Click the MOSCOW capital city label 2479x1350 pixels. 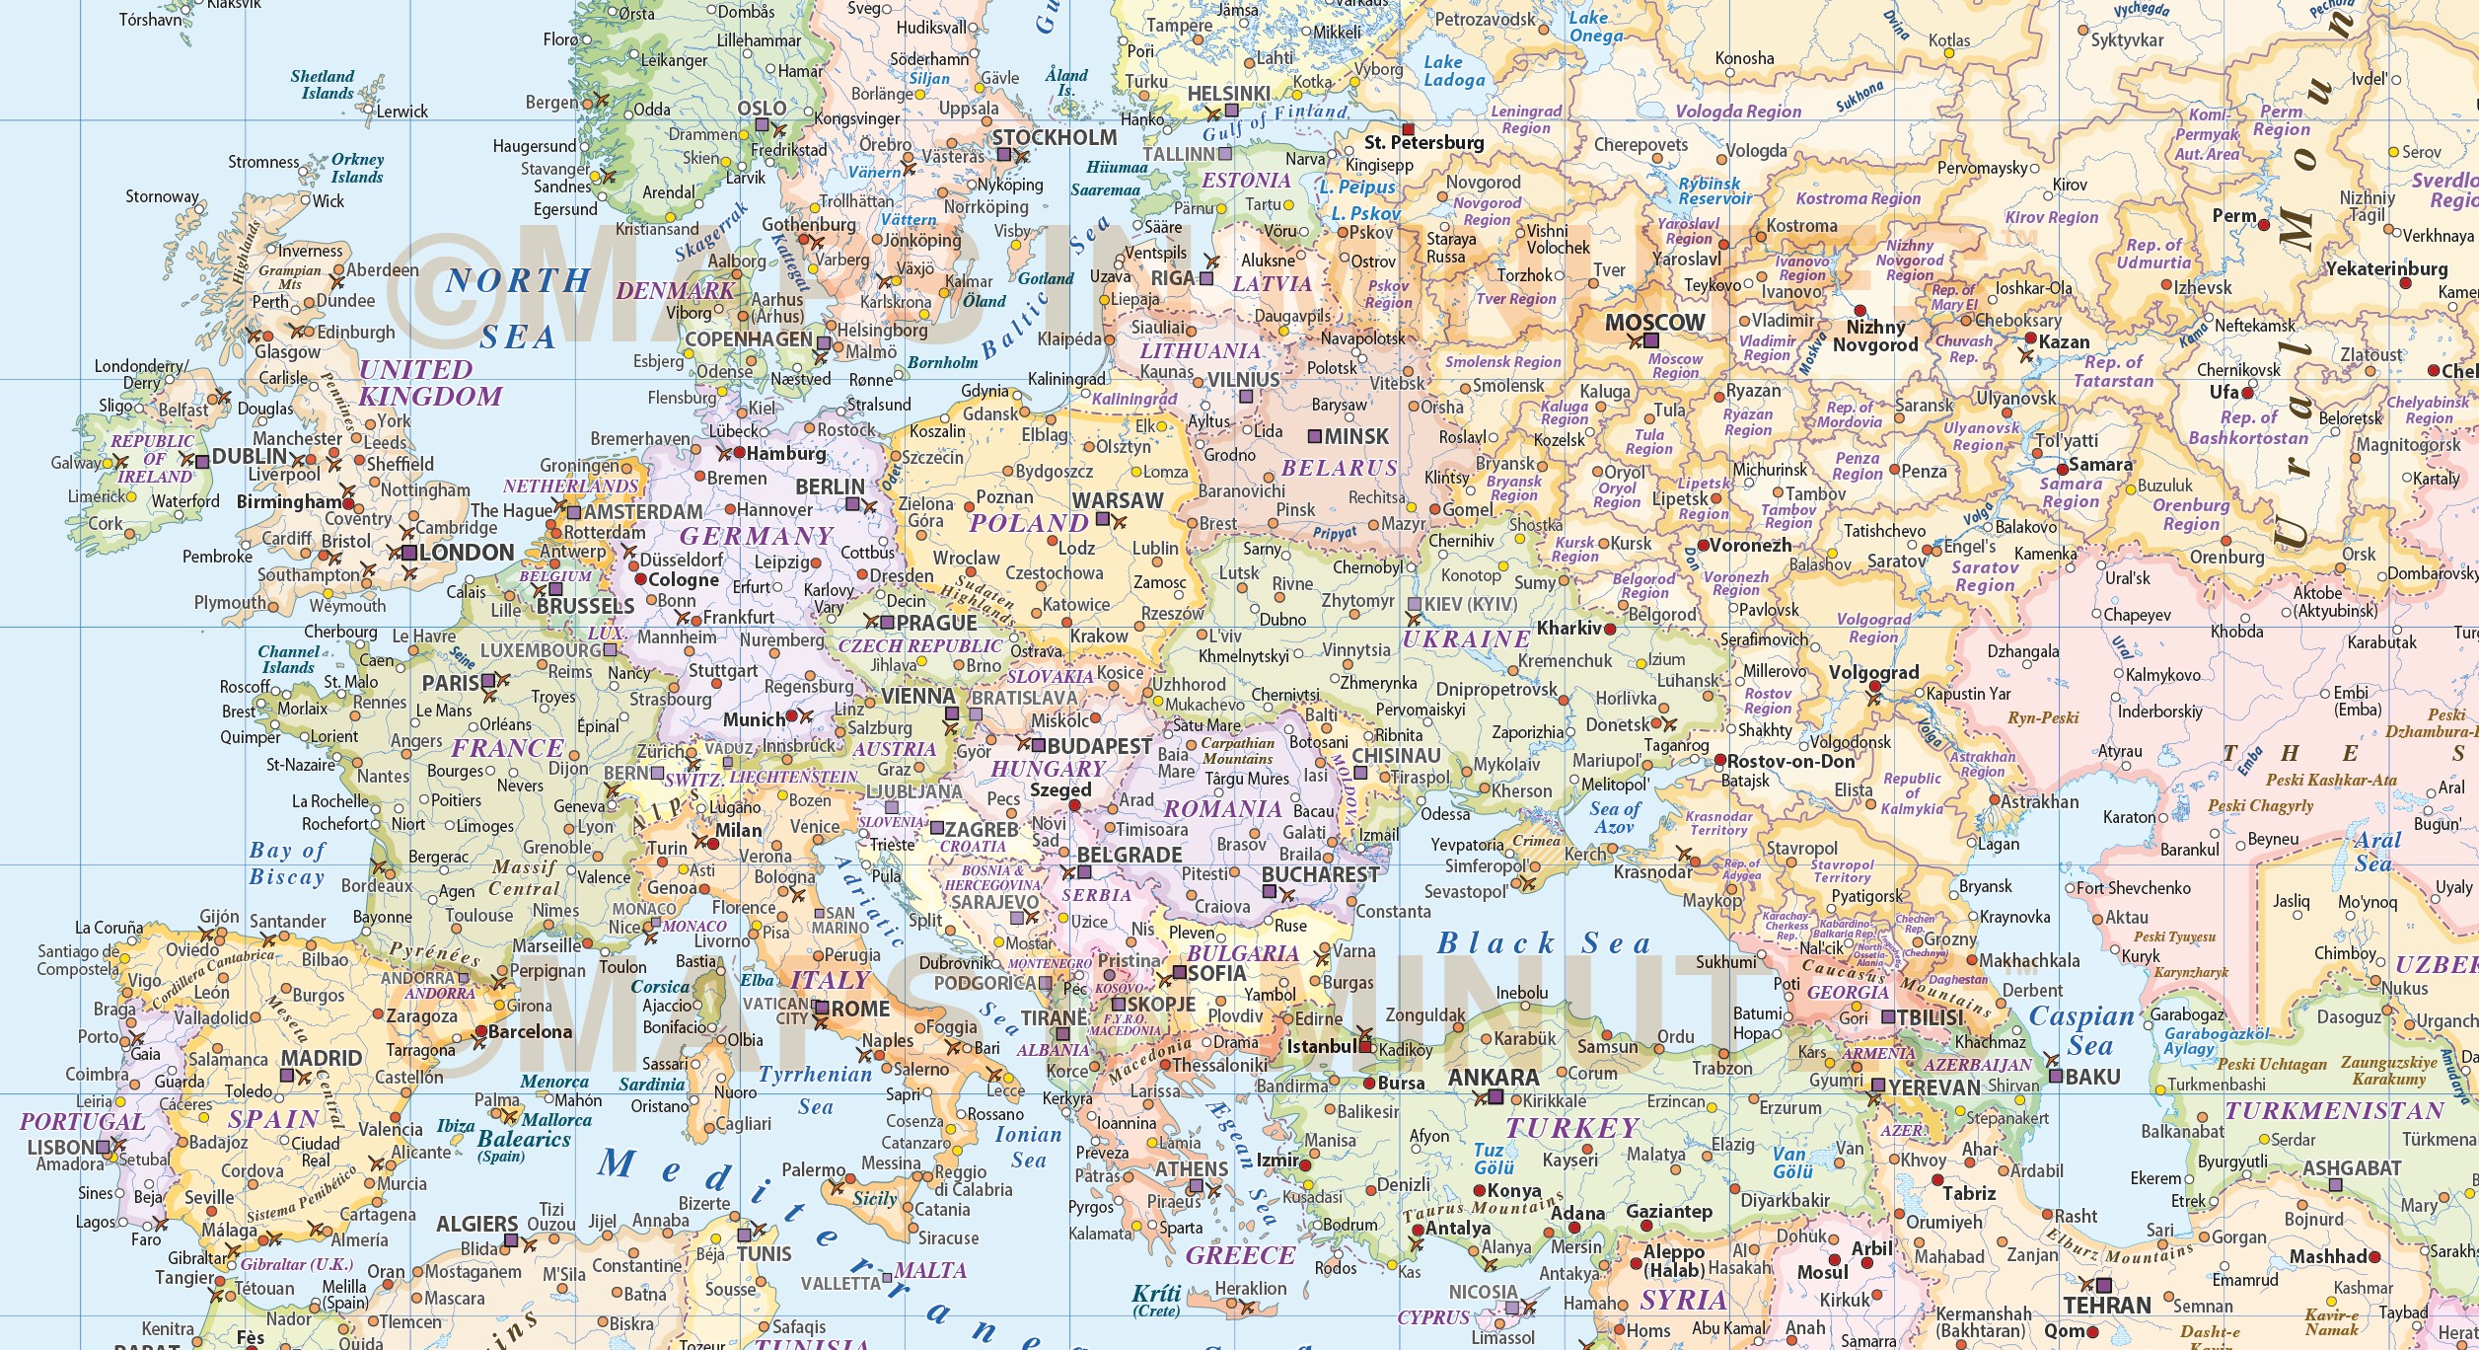tap(1654, 323)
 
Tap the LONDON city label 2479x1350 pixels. tap(467, 553)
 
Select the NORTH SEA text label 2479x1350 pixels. tap(517, 308)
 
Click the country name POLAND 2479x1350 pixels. tap(1028, 523)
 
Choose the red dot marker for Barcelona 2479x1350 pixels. tap(480, 1031)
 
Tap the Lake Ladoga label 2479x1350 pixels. tap(1453, 71)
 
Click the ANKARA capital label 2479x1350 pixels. tap(1494, 1078)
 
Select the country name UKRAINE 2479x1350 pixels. tap(1466, 638)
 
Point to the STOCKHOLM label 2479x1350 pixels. tap(1054, 138)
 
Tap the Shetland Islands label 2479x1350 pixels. tap(322, 85)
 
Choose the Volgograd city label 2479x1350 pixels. tap(1873, 673)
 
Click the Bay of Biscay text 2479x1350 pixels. tap(287, 863)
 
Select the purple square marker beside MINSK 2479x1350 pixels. tap(1315, 436)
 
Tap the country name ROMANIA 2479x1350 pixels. tap(1222, 809)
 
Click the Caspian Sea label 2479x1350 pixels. tap(2081, 1031)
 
